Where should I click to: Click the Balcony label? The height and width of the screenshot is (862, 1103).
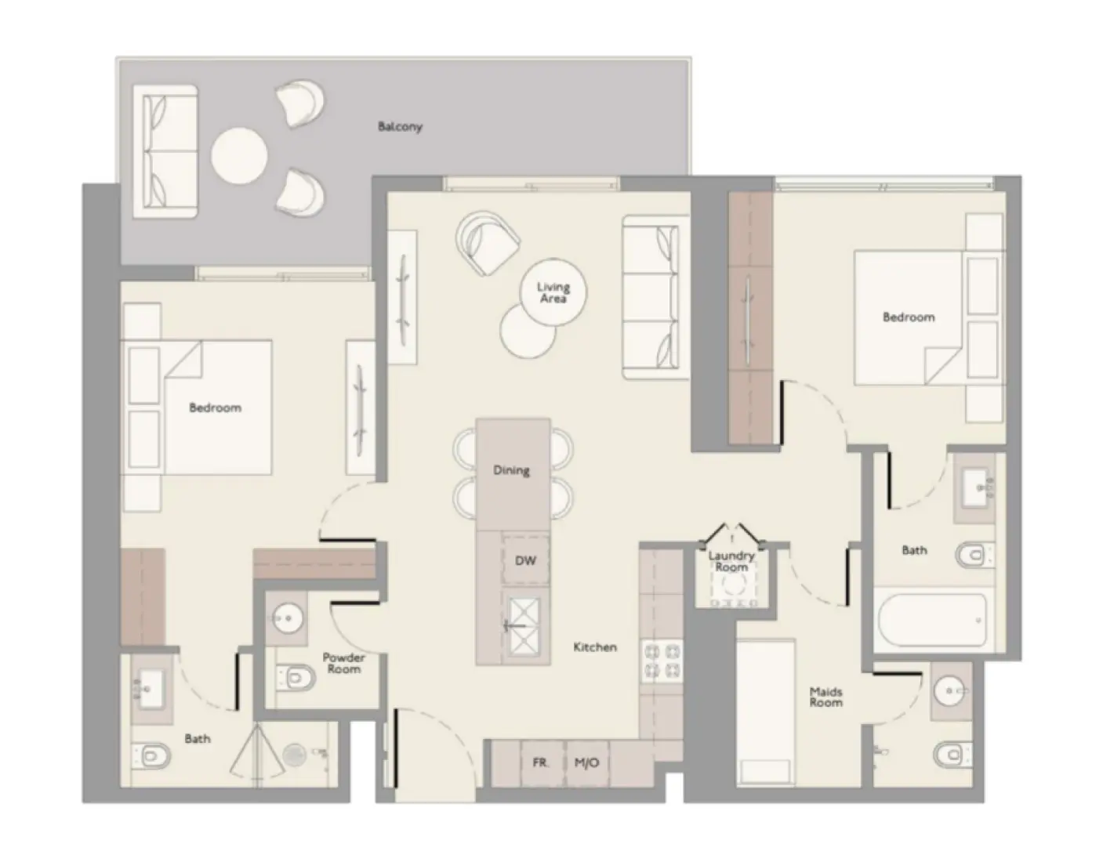[x=400, y=126]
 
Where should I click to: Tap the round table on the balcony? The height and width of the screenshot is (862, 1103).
[x=238, y=154]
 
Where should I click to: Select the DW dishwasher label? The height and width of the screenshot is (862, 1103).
[x=525, y=560]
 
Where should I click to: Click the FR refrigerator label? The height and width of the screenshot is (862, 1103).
[x=540, y=762]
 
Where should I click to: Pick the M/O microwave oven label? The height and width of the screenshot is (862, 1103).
[x=586, y=762]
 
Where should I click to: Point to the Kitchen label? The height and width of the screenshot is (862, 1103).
[x=595, y=647]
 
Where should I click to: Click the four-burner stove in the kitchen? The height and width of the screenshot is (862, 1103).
[x=662, y=660]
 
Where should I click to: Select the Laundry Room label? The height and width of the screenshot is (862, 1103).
[x=731, y=561]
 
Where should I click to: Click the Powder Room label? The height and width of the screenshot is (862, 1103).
[x=343, y=663]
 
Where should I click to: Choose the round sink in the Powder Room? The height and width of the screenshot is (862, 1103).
[x=287, y=618]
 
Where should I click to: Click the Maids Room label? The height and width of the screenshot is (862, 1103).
[x=826, y=697]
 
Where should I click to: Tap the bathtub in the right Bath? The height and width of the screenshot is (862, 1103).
[x=931, y=620]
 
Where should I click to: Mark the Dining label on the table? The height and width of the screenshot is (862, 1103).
[x=511, y=470]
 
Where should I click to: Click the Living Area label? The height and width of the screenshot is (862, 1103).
[x=553, y=292]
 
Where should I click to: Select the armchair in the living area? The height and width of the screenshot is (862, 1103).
[x=488, y=242]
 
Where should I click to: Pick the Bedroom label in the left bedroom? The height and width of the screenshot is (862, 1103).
[x=215, y=407]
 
